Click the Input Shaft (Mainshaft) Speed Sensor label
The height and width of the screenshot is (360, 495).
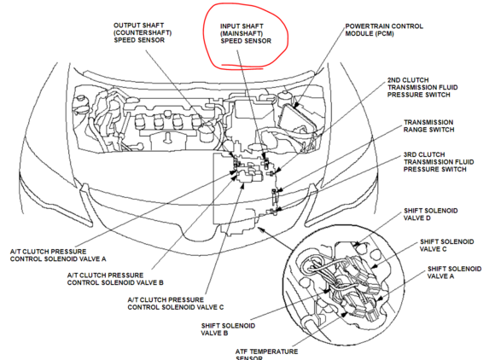coord(246,33)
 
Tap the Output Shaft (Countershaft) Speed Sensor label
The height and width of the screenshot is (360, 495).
coord(143,32)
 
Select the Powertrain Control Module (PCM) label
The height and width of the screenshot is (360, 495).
coord(384,30)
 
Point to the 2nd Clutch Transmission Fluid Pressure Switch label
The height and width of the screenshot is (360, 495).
coord(422,87)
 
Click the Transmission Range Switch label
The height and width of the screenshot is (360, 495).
coord(428,126)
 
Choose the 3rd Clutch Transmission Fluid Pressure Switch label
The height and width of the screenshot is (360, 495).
coord(439,162)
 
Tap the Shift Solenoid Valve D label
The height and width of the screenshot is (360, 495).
coord(431,214)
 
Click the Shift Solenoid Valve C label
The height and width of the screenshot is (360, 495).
coord(446,245)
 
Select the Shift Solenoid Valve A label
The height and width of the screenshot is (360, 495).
coord(454,272)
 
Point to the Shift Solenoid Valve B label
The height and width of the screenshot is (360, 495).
coord(228,329)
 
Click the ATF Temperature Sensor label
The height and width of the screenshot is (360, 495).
coord(266,354)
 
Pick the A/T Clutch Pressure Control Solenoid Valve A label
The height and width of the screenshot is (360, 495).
coord(58,255)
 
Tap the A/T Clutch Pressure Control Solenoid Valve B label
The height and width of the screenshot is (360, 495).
coord(115,279)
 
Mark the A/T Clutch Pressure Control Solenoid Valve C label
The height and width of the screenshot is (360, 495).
coord(176,303)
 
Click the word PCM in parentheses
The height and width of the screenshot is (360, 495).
coord(384,33)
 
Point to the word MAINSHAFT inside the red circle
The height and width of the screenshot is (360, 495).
coord(242,33)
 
